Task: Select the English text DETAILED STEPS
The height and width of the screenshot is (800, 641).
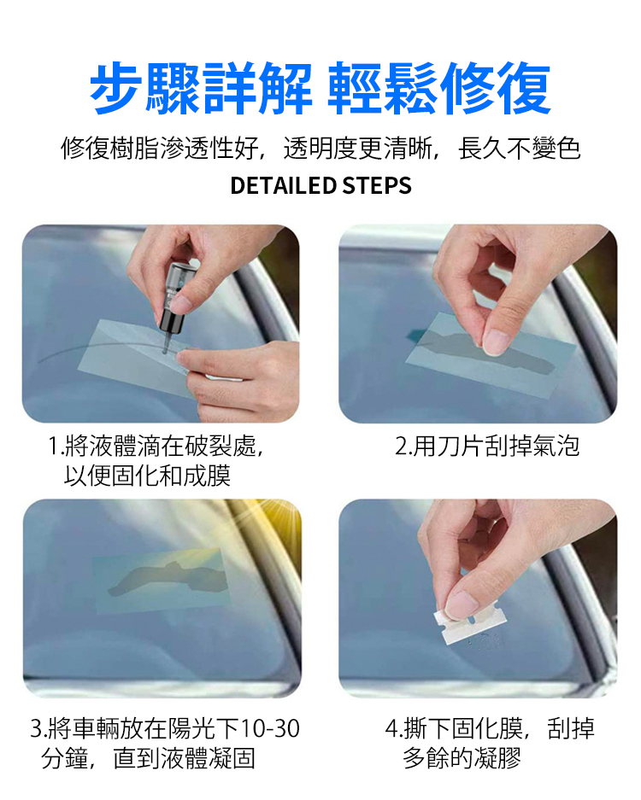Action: (320, 186)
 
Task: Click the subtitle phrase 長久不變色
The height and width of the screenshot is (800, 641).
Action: (520, 149)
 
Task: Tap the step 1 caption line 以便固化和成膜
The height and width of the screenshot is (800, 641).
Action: (147, 476)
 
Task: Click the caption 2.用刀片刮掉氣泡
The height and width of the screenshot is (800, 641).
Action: (487, 446)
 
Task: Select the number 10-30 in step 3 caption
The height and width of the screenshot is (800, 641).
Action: (269, 728)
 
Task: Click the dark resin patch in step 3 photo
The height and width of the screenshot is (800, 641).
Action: (168, 577)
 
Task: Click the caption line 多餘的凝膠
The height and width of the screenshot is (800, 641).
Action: (462, 758)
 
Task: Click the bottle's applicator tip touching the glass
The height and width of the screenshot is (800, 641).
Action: (164, 350)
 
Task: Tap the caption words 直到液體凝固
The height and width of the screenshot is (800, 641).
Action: (184, 758)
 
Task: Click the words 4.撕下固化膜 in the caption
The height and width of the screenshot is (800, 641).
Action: (454, 728)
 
